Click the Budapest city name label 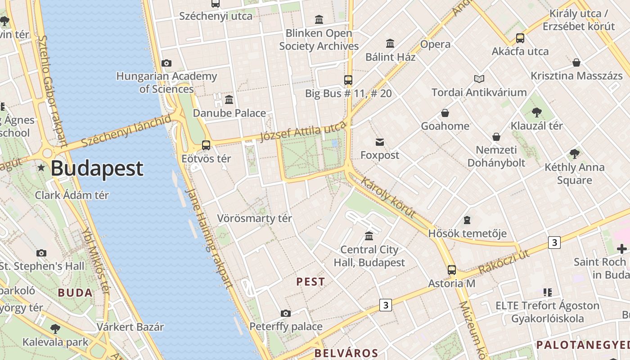coord(97,168)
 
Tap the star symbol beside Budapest coord(41,168)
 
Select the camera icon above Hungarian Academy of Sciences coord(166,63)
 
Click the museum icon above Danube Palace coord(229,99)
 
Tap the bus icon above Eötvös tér coord(206,145)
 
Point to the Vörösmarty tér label coord(255,219)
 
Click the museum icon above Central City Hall coord(369,236)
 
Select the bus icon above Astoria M coord(452,270)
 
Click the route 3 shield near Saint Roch coord(554,243)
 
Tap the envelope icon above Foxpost coord(380,142)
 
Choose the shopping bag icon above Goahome coord(445,112)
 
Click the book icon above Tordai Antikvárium coord(479,79)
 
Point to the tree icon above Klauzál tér coord(536,112)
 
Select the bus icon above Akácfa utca coord(520,38)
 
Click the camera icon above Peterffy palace coord(285,313)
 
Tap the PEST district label coord(310,282)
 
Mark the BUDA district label coord(75,293)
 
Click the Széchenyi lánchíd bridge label coord(126,131)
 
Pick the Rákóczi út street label coord(504,261)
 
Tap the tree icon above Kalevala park coord(55,328)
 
